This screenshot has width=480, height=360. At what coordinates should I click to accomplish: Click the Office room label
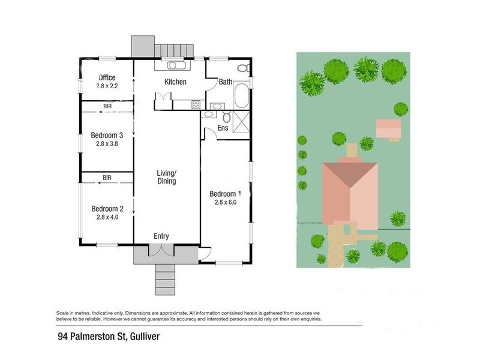107,77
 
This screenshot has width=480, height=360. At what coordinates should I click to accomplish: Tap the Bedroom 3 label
107,134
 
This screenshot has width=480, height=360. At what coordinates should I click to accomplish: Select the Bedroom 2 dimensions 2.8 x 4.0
107,218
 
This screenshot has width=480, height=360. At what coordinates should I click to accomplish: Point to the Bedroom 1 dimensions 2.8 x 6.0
225,203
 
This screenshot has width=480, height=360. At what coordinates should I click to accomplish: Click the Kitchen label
176,82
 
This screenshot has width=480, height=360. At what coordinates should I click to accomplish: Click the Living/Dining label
167,177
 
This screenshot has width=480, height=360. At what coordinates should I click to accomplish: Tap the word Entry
161,236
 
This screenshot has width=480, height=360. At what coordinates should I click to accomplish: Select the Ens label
223,128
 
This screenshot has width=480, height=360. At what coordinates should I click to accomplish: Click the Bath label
225,82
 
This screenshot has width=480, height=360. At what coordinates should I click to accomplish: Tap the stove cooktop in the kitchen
196,105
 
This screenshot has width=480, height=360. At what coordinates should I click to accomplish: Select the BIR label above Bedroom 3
107,106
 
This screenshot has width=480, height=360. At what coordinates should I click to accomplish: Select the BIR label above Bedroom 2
107,178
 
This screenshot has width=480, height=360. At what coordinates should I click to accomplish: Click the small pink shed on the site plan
388,128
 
